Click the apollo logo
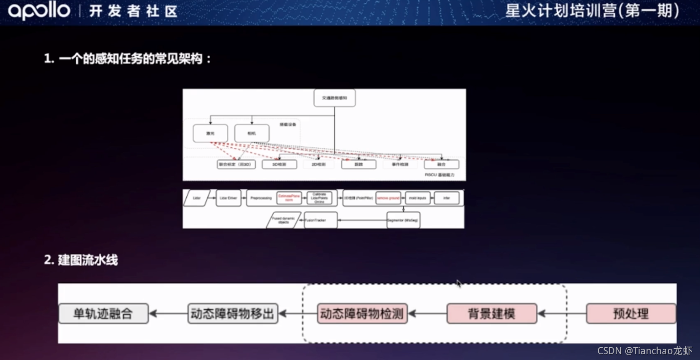point(39,11)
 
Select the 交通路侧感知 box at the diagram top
point(334,98)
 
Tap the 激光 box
point(210,134)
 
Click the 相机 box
point(252,134)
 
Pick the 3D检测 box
point(280,165)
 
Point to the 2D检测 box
point(318,165)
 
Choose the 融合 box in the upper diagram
point(441,165)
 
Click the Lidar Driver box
point(228,198)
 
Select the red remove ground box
point(388,198)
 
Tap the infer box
point(446,198)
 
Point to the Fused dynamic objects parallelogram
point(284,220)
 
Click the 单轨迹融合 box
point(103,314)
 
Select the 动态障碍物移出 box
point(233,314)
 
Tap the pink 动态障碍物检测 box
point(362,314)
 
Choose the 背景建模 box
point(492,314)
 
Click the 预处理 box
point(631,314)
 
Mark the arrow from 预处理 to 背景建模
point(562,314)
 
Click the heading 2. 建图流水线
point(81,260)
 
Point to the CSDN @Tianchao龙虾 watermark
point(645,351)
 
